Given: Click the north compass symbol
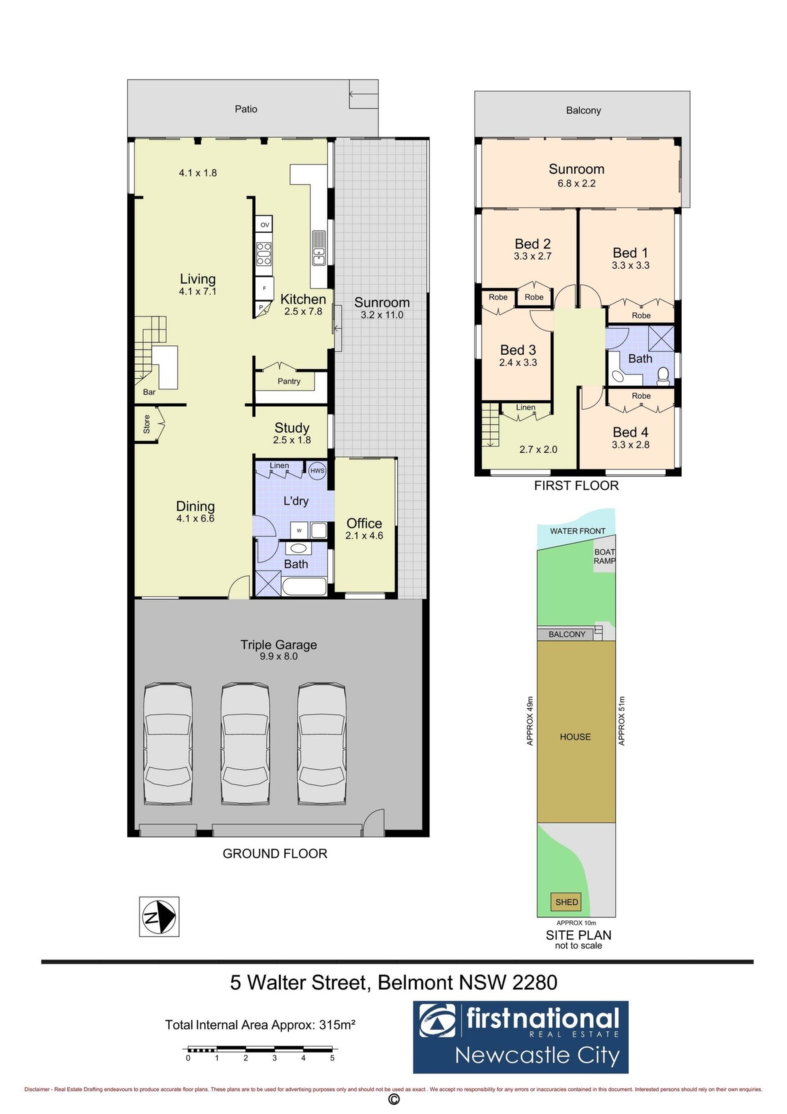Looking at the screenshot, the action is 159,916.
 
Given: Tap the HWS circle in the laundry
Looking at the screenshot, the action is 317,471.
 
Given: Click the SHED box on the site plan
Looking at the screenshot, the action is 567,902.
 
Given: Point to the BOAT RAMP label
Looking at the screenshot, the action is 604,556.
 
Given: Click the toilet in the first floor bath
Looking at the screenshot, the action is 664,377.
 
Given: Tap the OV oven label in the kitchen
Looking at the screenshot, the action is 264,225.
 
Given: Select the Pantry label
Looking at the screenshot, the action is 289,381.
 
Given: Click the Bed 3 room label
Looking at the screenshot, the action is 518,350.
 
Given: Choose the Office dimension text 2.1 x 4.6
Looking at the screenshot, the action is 364,536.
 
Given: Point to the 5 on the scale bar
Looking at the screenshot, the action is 332,1057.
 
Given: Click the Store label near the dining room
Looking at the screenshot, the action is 147,424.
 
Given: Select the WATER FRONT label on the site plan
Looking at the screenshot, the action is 578,531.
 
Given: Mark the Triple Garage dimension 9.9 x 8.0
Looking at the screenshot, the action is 278,656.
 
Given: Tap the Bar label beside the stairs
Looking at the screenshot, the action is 149,392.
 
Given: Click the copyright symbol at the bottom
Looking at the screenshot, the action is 394,1099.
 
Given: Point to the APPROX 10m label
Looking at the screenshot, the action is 576,923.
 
